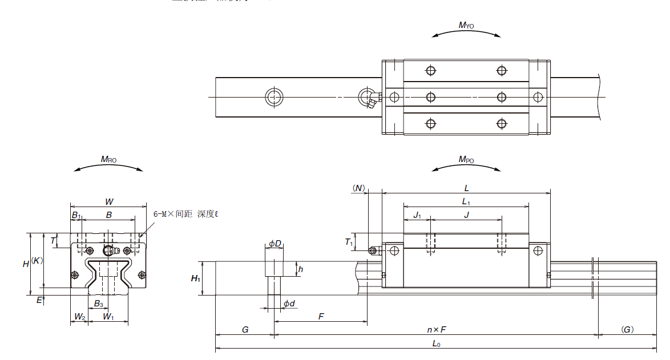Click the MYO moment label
tap(466, 25)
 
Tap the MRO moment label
tap(108, 160)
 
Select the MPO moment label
tap(466, 160)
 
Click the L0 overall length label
tap(436, 343)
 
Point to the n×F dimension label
tap(436, 330)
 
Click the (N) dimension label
tap(358, 188)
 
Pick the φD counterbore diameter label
tap(275, 244)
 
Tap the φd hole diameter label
tap(289, 304)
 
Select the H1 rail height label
tap(195, 278)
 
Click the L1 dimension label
tap(466, 201)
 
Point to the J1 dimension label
tap(417, 215)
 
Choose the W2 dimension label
tap(79, 317)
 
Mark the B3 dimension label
tap(99, 303)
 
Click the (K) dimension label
tap(37, 260)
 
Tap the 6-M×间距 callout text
tap(186, 215)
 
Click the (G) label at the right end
tap(627, 330)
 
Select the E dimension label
tap(39, 299)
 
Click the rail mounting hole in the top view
tap(274, 97)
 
